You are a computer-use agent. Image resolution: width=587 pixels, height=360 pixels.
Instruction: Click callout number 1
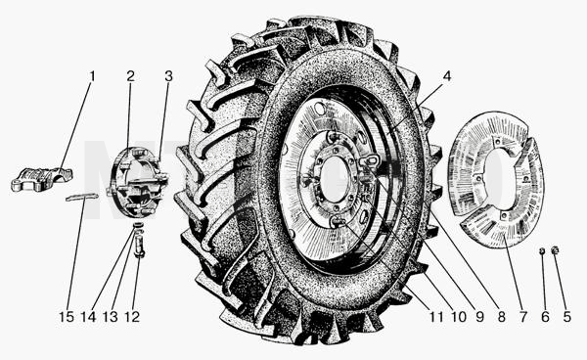[x=92, y=76]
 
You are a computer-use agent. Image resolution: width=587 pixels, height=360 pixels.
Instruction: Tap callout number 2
[x=130, y=76]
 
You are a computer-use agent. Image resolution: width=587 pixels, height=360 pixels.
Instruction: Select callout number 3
[x=168, y=76]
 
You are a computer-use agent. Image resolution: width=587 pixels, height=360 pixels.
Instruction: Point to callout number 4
[x=447, y=76]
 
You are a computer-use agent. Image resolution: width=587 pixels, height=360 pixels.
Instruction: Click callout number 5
[x=567, y=317]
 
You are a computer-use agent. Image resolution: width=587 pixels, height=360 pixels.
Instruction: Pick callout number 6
[x=545, y=317]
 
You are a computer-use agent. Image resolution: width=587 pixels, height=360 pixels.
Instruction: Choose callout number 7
[x=523, y=317]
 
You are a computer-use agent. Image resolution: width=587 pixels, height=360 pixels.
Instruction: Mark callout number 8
[x=501, y=317]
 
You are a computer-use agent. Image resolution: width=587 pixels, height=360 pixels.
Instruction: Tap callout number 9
[x=479, y=317]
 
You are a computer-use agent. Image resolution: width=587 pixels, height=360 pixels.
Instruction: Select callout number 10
[x=459, y=317]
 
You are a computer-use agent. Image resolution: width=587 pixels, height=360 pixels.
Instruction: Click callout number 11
[x=436, y=317]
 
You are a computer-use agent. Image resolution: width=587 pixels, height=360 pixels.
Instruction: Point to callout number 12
[x=132, y=317]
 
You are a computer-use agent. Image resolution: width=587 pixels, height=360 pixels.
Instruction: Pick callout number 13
[x=111, y=317]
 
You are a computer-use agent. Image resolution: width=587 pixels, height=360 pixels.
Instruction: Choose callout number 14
[x=89, y=317]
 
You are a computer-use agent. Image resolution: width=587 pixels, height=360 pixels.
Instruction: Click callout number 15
[x=67, y=317]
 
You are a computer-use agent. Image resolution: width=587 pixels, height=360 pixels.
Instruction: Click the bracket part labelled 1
[x=41, y=179]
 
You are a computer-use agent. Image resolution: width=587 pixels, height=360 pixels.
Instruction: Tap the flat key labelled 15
[x=82, y=197]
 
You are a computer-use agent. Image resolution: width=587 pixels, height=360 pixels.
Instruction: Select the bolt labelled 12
[x=139, y=246]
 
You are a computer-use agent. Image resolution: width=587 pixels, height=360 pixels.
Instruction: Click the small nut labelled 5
[x=555, y=249]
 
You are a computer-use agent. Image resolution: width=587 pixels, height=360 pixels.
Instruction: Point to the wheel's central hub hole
[x=335, y=180]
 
